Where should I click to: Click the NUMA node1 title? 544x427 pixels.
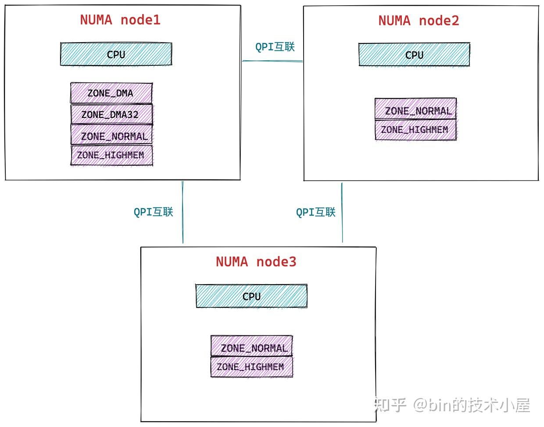pos(120,20)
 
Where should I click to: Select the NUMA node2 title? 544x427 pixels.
pos(419,21)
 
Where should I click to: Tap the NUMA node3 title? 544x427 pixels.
pos(256,262)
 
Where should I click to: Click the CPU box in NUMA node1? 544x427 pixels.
pos(116,54)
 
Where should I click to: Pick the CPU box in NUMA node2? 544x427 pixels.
pos(414,55)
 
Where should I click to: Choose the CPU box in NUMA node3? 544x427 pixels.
pos(251,296)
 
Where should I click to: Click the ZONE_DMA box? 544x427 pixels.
pos(111,93)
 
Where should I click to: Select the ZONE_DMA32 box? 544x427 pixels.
pos(111,114)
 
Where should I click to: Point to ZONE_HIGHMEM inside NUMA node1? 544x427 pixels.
pos(111,155)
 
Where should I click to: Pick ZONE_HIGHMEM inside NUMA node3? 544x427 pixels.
pos(251,367)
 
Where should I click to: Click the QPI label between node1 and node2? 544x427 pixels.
pos(275,47)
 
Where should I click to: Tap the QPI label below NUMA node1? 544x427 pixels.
pos(154,212)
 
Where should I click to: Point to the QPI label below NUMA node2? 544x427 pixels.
pos(315,212)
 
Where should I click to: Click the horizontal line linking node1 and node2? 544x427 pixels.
pos(272,61)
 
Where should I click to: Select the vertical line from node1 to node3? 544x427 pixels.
pos(183,212)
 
